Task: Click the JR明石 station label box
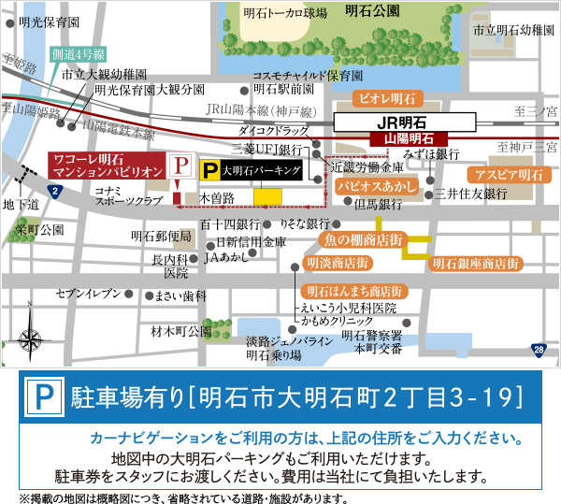tap(407, 122)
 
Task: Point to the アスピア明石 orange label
tap(509, 175)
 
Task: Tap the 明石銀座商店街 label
tap(476, 265)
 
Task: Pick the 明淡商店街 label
tap(338, 264)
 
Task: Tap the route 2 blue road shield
tap(56, 193)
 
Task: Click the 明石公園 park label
tap(371, 11)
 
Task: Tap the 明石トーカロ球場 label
tap(285, 13)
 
